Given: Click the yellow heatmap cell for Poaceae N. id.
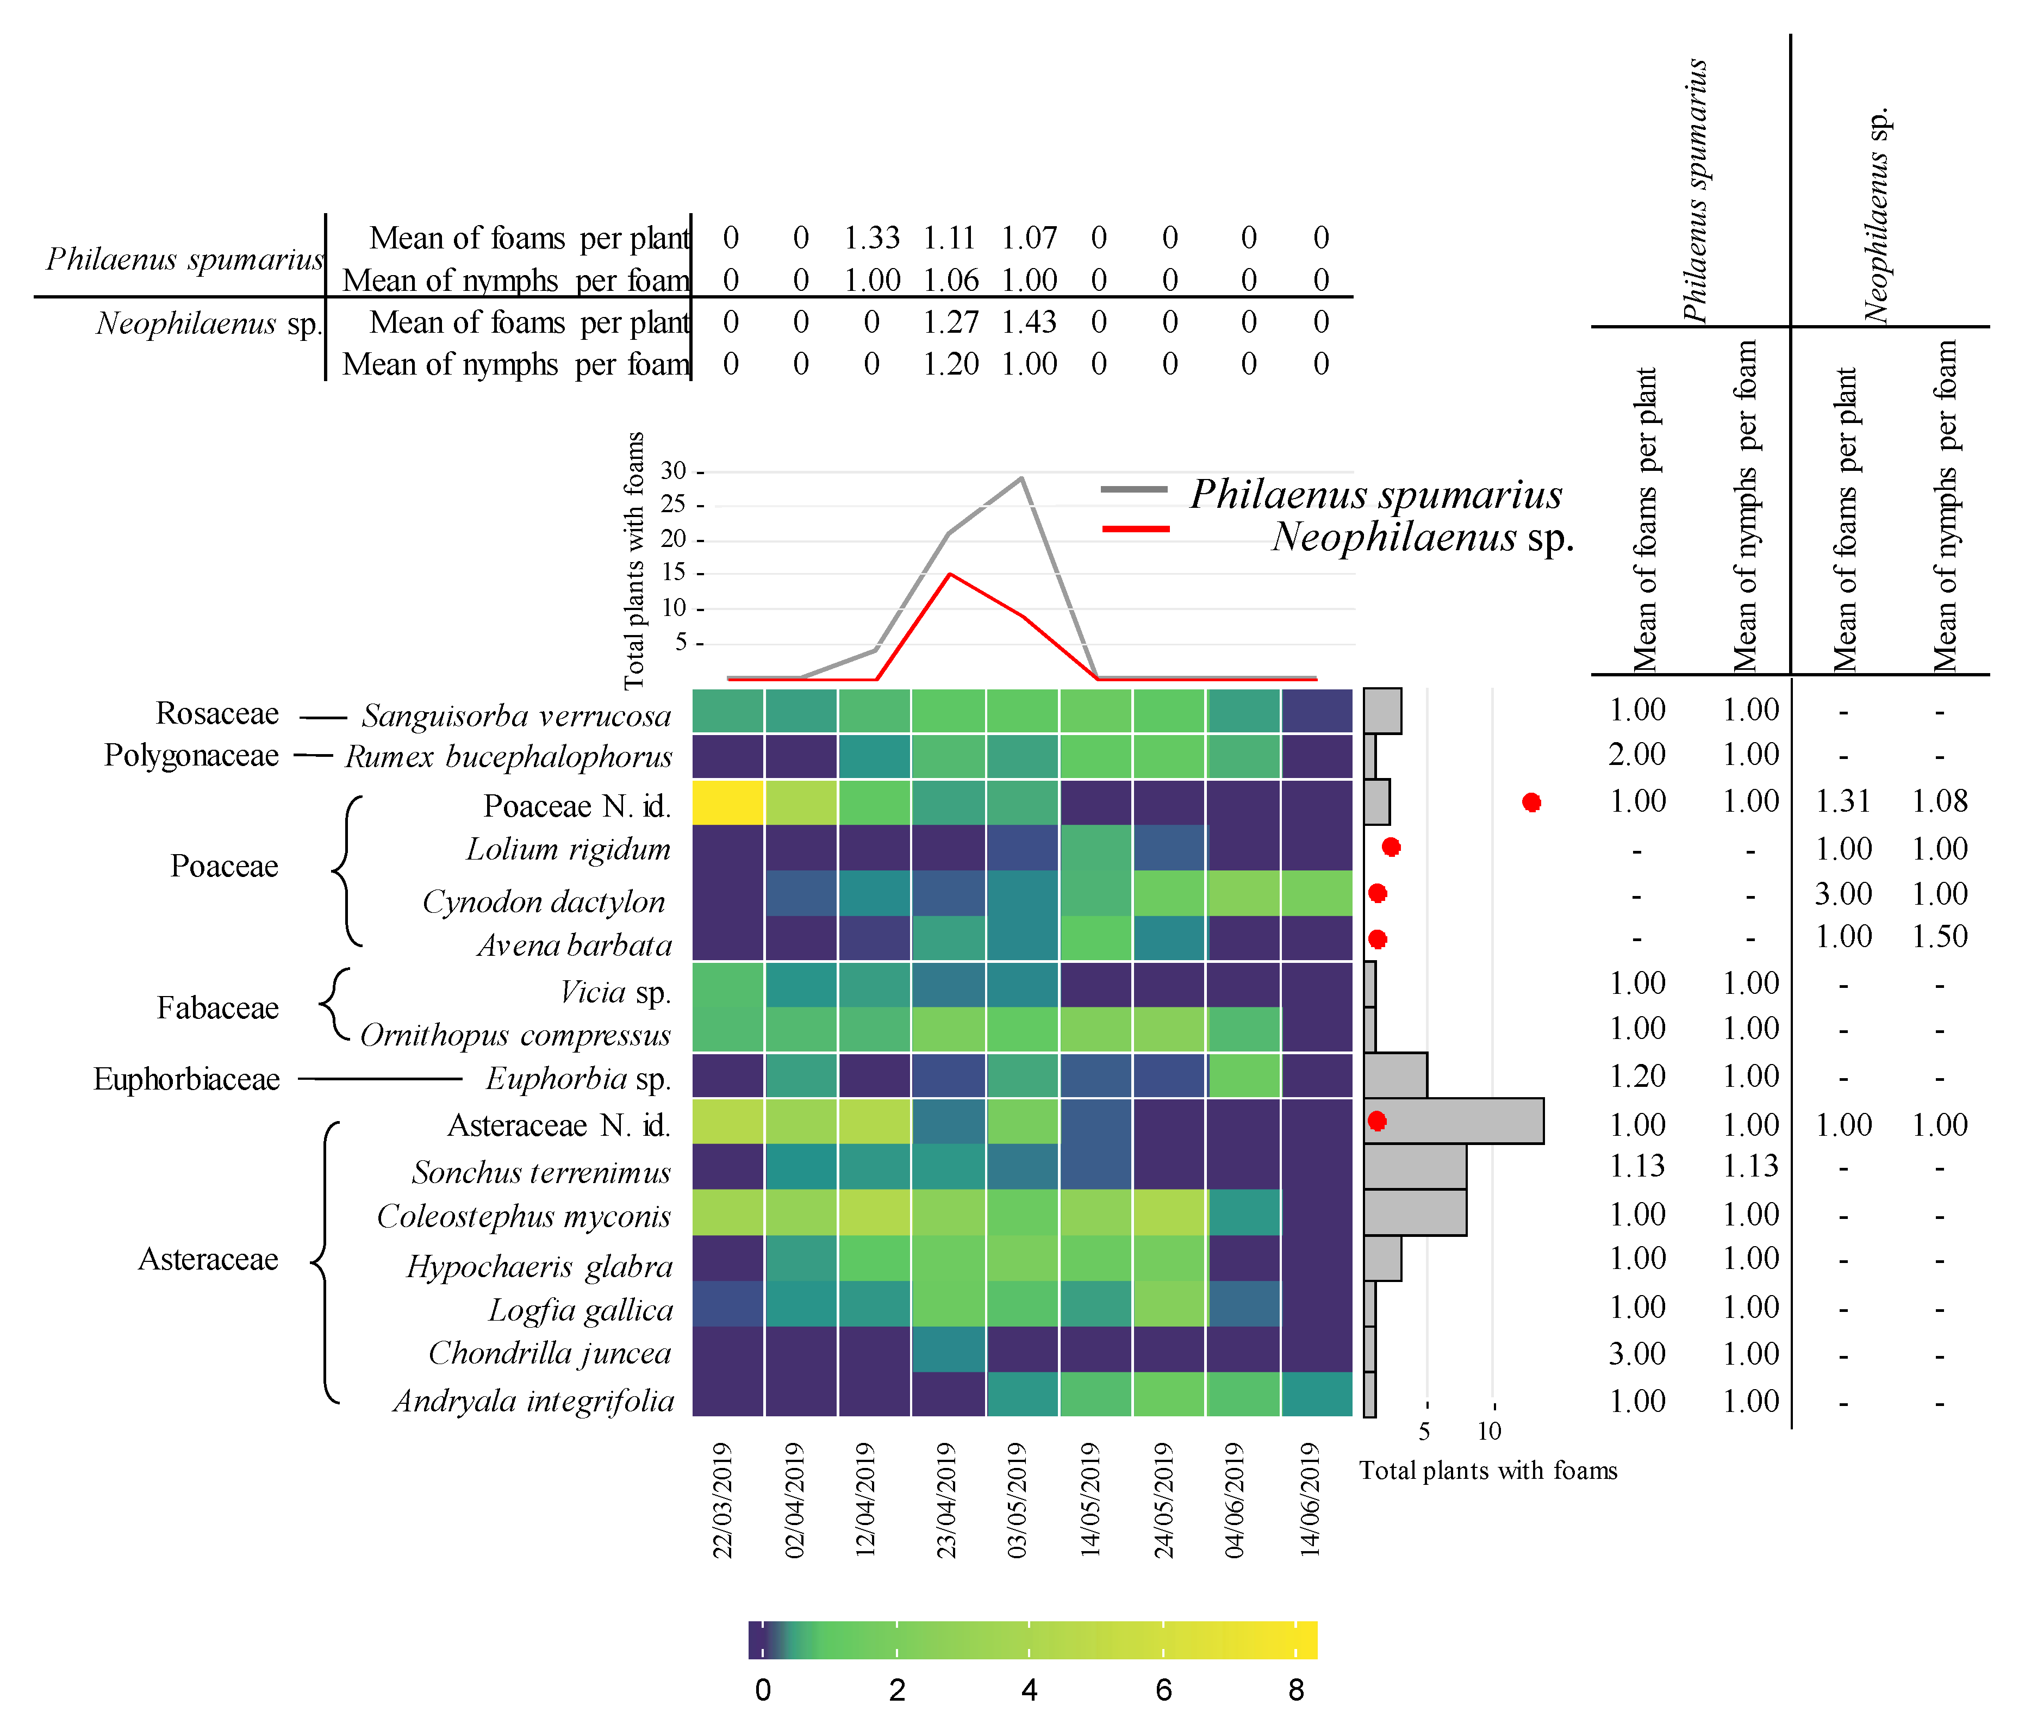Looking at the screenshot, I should [727, 802].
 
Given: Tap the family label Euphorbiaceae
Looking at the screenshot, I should [186, 1079].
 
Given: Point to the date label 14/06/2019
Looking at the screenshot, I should [1310, 1499].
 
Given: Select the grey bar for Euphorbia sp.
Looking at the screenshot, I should [1395, 1075].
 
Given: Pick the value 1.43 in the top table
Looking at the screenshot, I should [1029, 322].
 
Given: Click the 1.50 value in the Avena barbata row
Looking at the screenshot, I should [1939, 937].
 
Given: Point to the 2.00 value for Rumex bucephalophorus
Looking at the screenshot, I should [1637, 755].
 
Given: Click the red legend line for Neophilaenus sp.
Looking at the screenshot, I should [1135, 530].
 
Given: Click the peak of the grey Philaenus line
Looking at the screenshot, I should [1023, 478].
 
